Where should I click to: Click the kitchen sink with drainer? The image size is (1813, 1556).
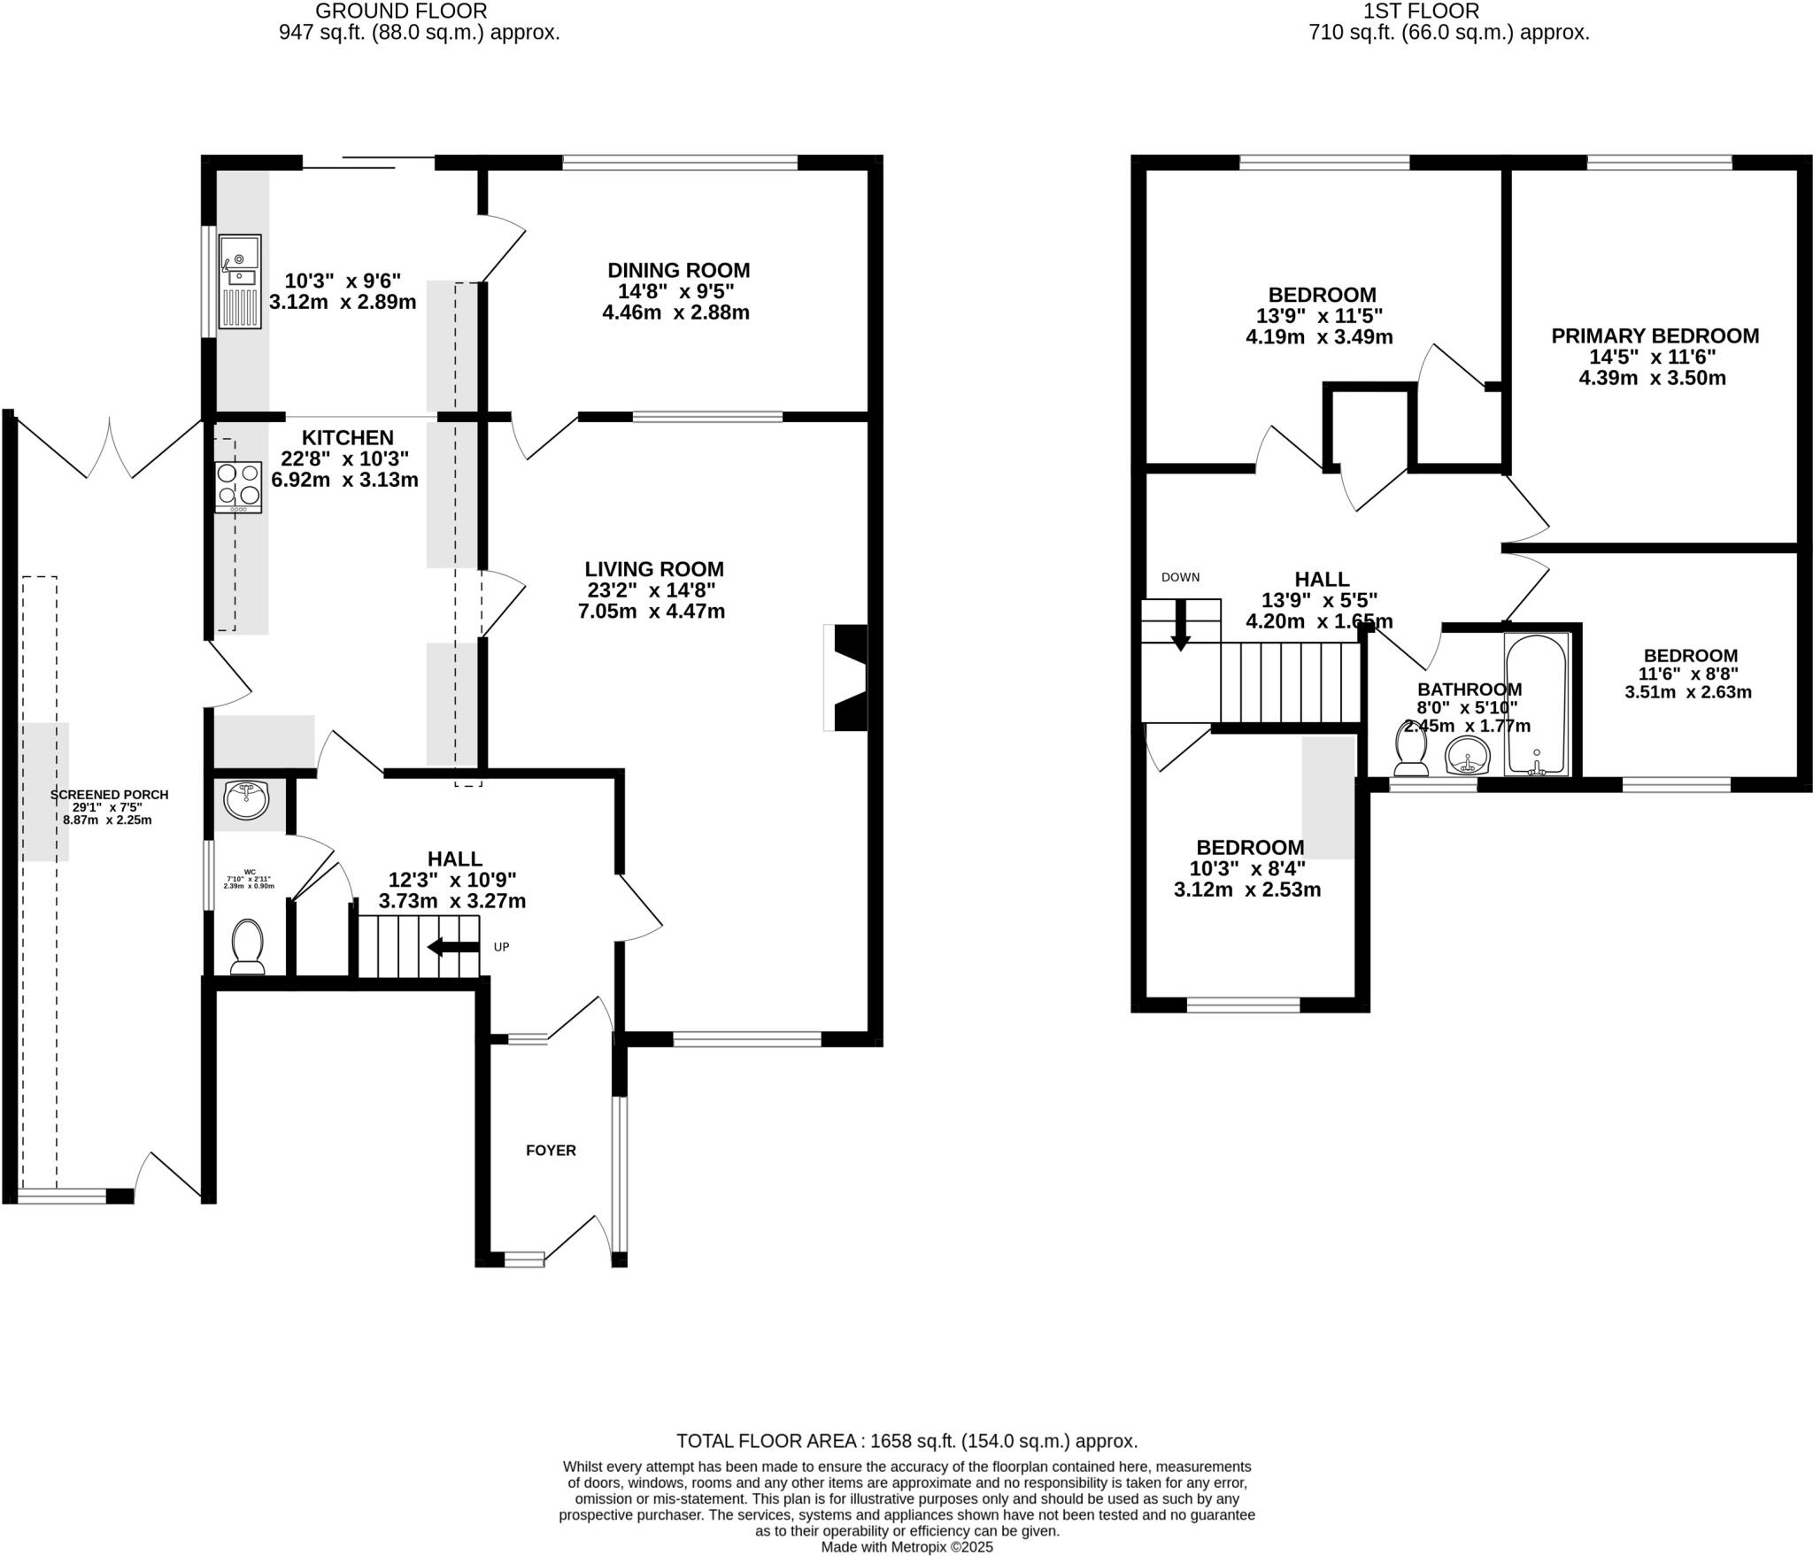[239, 281]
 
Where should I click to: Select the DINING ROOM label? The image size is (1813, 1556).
[678, 271]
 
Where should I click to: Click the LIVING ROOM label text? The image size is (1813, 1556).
[654, 569]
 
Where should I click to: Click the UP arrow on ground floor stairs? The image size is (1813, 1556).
[453, 947]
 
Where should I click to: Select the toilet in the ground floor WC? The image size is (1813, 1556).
[247, 945]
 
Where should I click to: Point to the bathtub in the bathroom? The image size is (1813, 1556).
[1536, 705]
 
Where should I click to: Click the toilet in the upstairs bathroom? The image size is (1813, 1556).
[1410, 749]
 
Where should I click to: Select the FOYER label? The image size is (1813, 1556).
[551, 1151]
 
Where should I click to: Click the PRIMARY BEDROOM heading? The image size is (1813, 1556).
[1655, 336]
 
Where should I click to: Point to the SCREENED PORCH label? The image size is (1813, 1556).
[109, 795]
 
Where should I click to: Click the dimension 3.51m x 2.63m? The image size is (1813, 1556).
[1687, 693]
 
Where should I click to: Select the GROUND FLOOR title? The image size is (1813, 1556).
[401, 12]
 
